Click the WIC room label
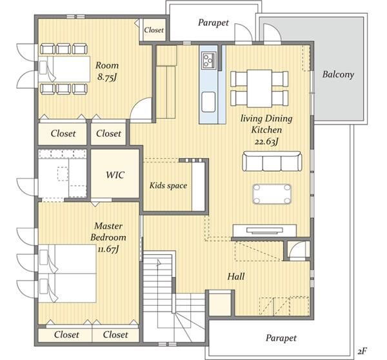point(115,175)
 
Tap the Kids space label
point(168,185)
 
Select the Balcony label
point(338,74)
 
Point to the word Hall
point(236,276)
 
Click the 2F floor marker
point(362,351)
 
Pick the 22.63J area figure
point(266,142)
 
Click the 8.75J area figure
point(107,77)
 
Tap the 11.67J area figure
point(108,249)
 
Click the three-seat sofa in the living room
point(272,161)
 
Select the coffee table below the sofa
point(272,194)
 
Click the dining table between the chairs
point(259,88)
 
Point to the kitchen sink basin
point(208,102)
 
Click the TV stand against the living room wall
point(264,231)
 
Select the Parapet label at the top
point(213,23)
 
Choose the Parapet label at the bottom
point(281,338)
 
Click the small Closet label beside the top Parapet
point(154,30)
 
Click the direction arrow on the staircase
point(159,263)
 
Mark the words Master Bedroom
point(108,232)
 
